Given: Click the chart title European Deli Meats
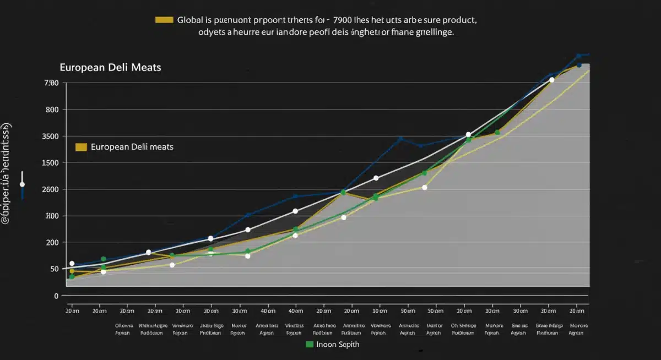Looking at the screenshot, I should click(110, 67).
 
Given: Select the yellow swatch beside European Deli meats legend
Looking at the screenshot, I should click(81, 147).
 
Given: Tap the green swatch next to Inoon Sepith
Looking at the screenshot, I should click(310, 344).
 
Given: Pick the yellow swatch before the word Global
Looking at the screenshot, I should click(164, 20).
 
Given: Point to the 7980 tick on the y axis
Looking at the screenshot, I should click(51, 83).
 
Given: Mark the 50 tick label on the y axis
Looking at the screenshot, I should click(54, 269).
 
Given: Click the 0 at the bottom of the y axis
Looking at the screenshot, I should click(56, 296).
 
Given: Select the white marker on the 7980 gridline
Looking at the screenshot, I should click(551, 80).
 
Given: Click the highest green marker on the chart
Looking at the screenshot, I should click(497, 133).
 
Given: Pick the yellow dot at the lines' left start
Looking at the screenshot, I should click(72, 271).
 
